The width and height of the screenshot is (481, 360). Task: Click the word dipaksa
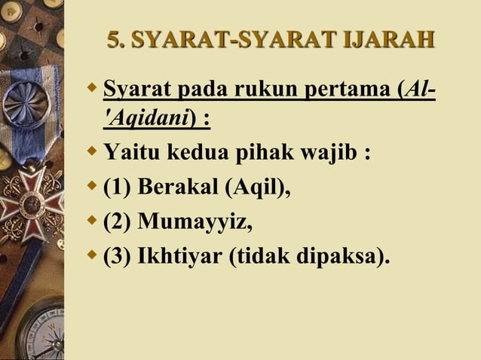(x=339, y=257)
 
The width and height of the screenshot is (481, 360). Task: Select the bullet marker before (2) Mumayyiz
(x=93, y=221)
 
